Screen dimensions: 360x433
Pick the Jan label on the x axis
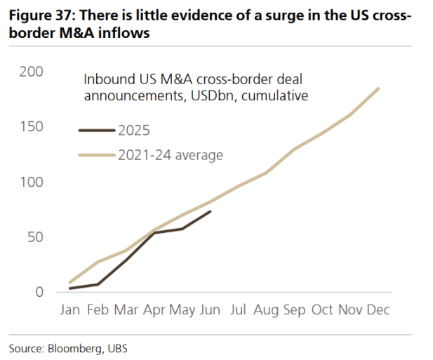[70, 309]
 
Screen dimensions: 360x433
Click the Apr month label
[154, 309]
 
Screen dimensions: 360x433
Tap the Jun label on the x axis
[211, 309]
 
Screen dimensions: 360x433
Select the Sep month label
[295, 309]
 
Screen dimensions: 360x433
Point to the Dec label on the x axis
[378, 309]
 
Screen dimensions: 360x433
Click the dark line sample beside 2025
[96, 130]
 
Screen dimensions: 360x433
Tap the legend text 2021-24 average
[171, 155]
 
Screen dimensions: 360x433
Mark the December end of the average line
[379, 88]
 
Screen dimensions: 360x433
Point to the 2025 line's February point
[98, 284]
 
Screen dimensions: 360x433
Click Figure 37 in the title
[39, 16]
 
